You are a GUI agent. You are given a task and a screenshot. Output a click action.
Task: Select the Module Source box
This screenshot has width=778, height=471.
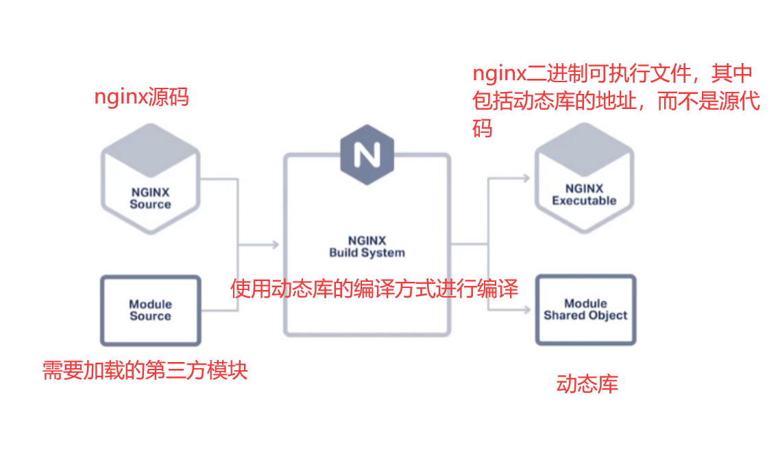click(x=150, y=311)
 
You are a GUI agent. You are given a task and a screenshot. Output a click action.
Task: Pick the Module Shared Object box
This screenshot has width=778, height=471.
click(x=585, y=310)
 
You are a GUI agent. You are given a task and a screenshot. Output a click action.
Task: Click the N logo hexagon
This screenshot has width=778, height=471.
click(x=367, y=155)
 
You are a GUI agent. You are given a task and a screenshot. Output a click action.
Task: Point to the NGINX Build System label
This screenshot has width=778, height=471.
click(x=367, y=247)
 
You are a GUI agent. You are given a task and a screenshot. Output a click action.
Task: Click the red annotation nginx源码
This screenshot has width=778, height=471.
click(x=141, y=97)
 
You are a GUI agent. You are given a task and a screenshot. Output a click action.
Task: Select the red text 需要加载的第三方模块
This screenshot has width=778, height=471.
click(x=145, y=371)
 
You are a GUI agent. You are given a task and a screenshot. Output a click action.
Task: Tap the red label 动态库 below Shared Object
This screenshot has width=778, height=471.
click(x=587, y=384)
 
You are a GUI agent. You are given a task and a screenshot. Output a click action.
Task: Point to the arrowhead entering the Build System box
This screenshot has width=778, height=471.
click(x=275, y=245)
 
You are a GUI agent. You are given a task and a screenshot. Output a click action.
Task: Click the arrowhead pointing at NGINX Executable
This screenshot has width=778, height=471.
click(x=526, y=178)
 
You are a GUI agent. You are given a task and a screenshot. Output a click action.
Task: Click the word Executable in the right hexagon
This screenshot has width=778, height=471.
click(x=585, y=201)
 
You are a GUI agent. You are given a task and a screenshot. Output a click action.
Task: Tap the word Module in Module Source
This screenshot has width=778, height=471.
click(x=150, y=304)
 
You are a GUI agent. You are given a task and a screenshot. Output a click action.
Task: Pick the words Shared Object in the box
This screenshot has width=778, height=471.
click(x=585, y=315)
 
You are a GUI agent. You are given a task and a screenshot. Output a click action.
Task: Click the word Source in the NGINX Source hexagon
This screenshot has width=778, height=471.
click(x=150, y=204)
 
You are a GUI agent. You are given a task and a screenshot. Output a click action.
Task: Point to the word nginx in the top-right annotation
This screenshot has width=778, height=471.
click(x=494, y=73)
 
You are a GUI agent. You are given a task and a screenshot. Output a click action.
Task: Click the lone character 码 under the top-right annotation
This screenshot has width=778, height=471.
click(x=483, y=128)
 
